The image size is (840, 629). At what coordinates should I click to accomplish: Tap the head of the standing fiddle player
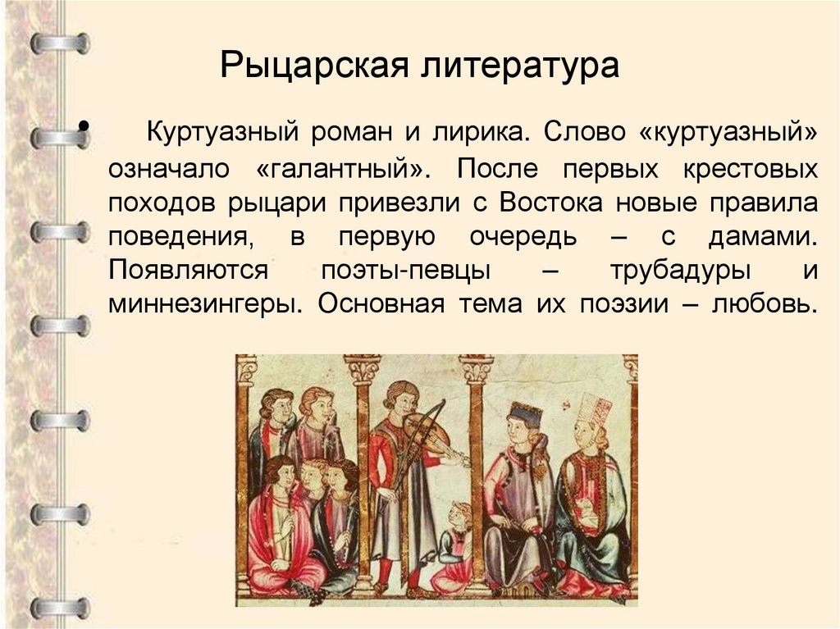pyautogui.click(x=400, y=397)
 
